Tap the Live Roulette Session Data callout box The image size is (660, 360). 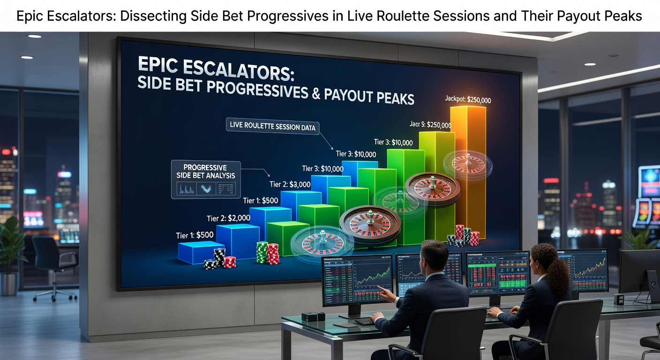[x=272, y=126]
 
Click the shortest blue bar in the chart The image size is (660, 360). [x=201, y=251]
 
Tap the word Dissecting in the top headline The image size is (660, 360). [x=152, y=16]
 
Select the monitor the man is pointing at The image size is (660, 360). [x=357, y=278]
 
